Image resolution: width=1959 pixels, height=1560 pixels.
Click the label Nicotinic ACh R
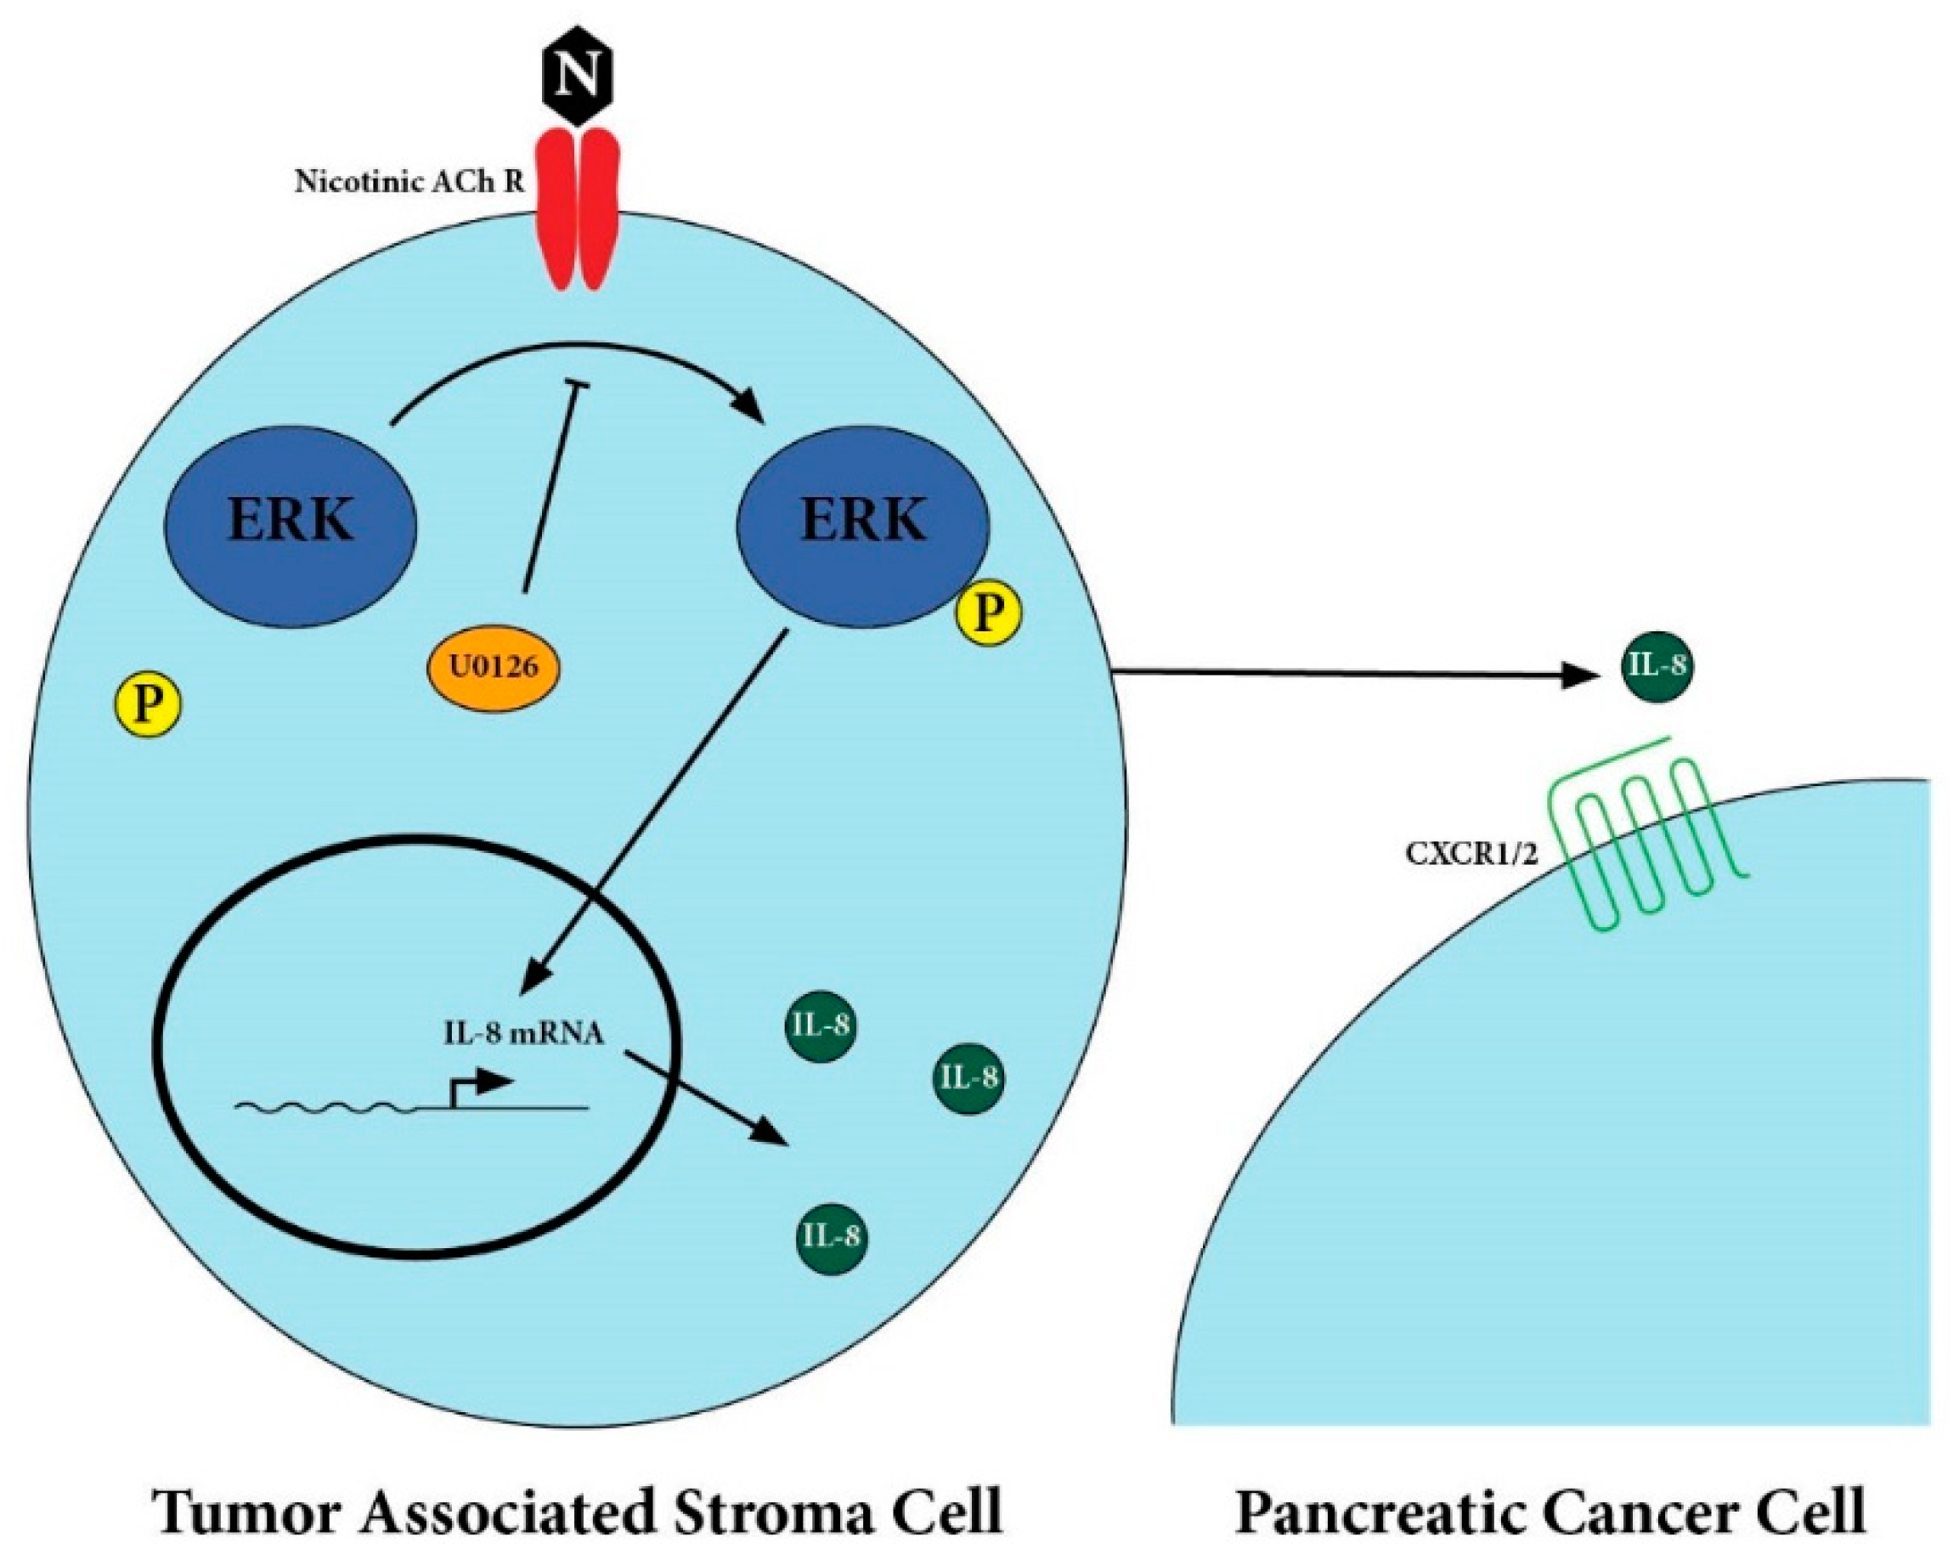tap(409, 182)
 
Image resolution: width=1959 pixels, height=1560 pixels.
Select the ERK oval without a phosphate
tap(290, 523)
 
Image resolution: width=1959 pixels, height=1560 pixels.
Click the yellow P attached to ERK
tap(989, 614)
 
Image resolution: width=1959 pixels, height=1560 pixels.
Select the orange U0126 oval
tap(494, 668)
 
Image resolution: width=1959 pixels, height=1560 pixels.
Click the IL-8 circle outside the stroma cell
tap(1657, 666)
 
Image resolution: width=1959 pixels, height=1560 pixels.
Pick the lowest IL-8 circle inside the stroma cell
tap(831, 1236)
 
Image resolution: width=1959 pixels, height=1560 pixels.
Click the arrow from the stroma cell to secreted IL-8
tap(1345, 673)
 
